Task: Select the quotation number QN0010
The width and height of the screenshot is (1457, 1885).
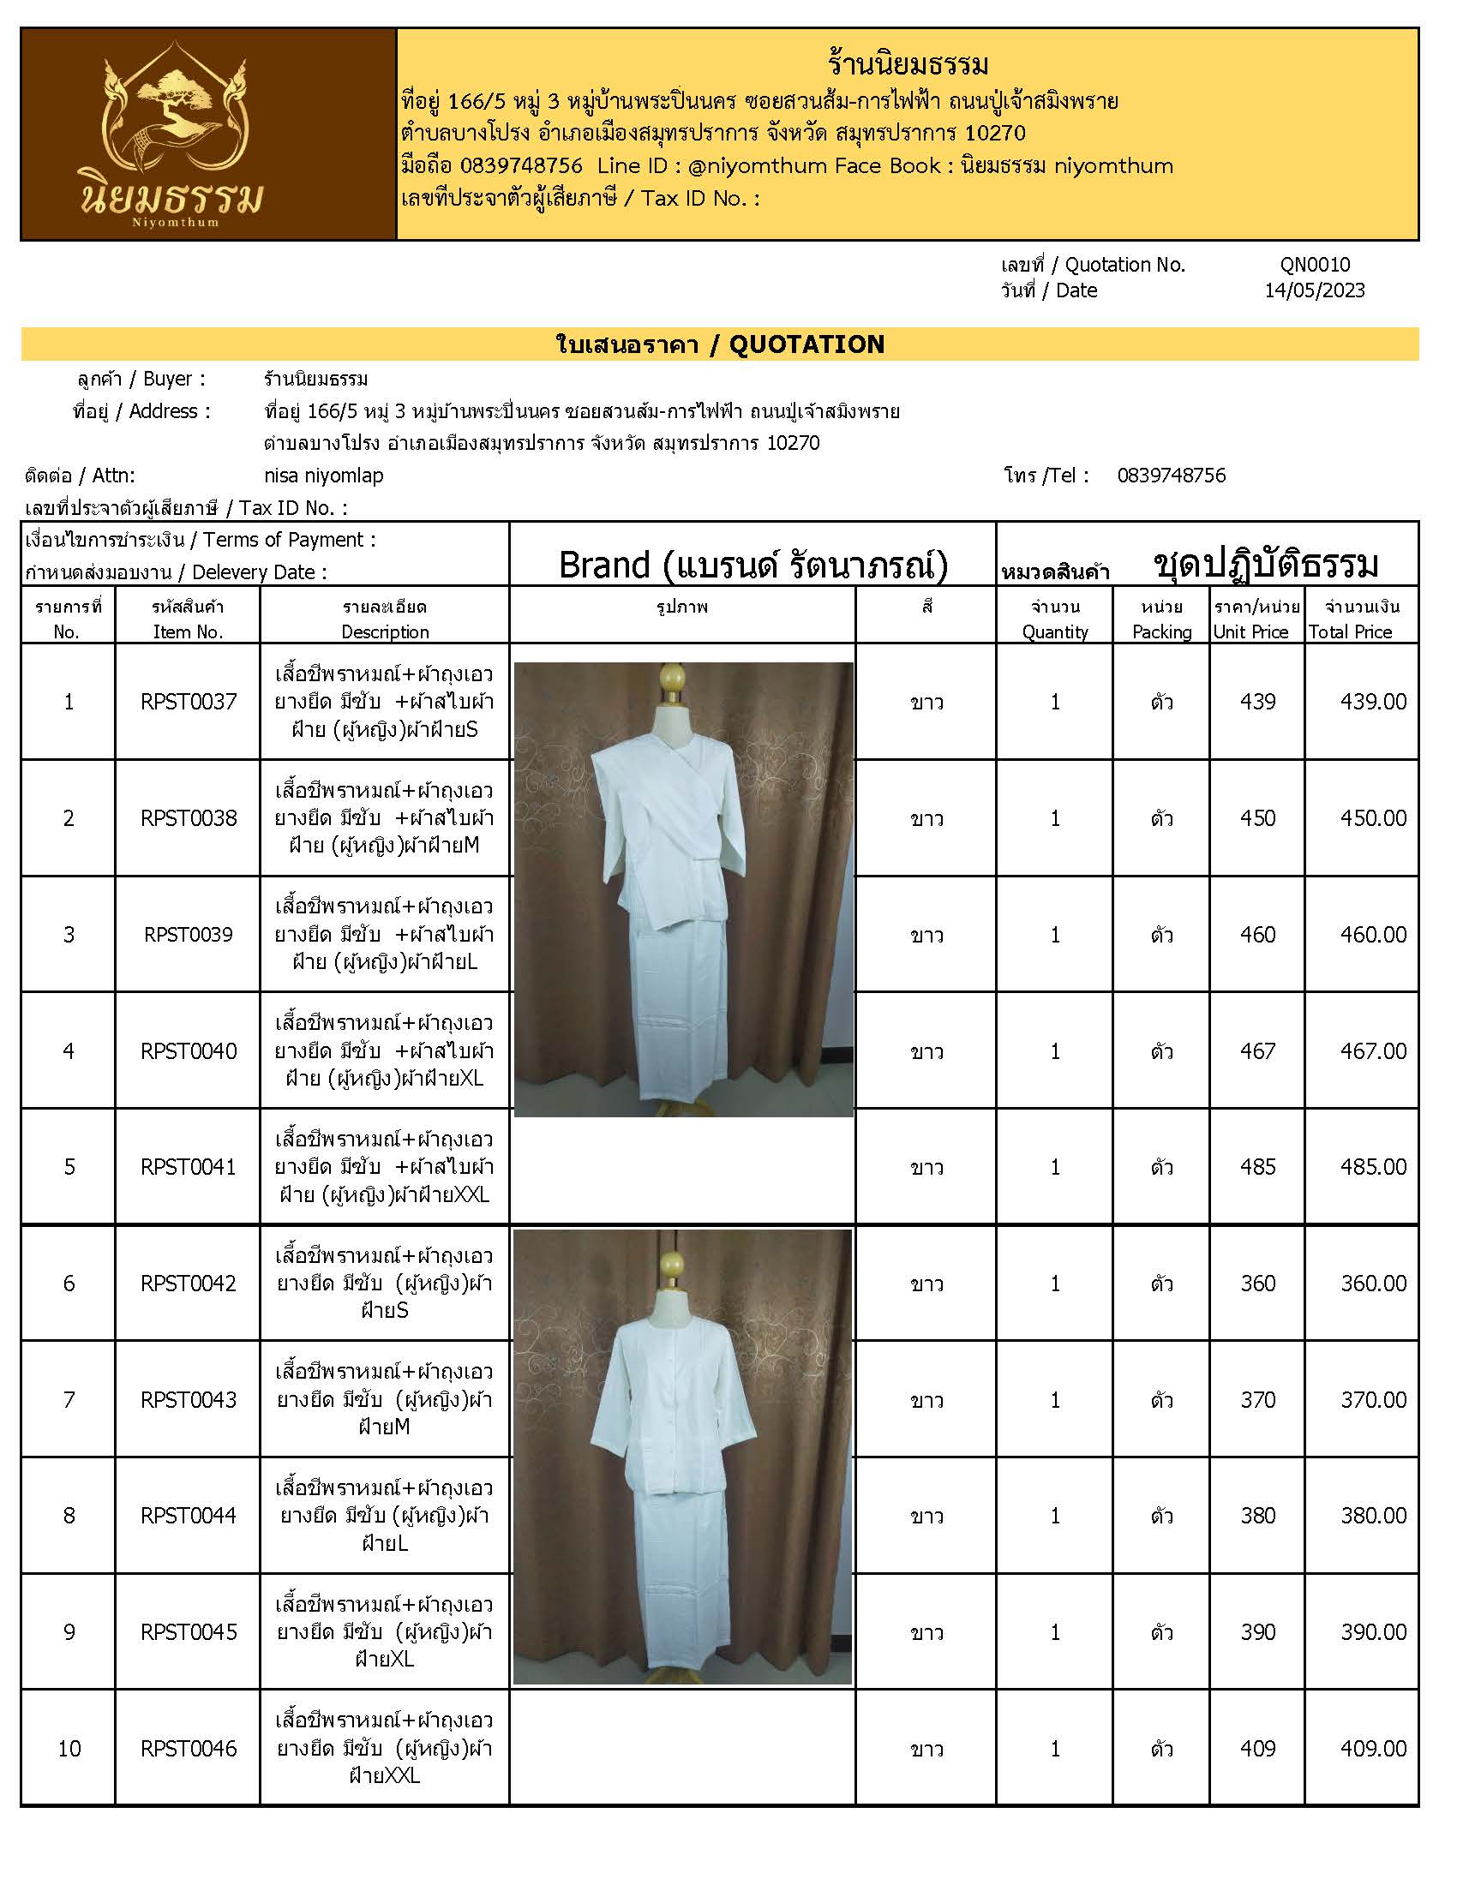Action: (1315, 265)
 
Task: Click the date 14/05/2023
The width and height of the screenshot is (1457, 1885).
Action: (1315, 290)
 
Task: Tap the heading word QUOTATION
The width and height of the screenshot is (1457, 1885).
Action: (806, 344)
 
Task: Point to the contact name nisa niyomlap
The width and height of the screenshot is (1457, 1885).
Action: (324, 476)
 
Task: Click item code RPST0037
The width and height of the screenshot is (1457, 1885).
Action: (189, 702)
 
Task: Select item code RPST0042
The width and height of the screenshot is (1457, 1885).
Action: (189, 1284)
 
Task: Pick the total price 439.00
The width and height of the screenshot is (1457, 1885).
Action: (1372, 702)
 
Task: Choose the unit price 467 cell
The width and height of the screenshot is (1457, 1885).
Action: (1256, 1051)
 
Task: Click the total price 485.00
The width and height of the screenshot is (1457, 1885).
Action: (1372, 1167)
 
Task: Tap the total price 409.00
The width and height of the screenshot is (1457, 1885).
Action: (1372, 1749)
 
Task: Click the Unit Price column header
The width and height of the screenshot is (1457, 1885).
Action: (1250, 631)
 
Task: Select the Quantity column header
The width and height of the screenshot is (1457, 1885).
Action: (1055, 631)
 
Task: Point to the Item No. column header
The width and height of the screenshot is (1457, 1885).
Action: (189, 631)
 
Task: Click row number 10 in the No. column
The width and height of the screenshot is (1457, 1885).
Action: (69, 1749)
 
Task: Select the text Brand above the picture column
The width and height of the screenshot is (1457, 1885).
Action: (604, 565)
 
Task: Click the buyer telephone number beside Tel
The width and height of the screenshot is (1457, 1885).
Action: (1171, 476)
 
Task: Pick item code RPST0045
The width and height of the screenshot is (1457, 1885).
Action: (189, 1632)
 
